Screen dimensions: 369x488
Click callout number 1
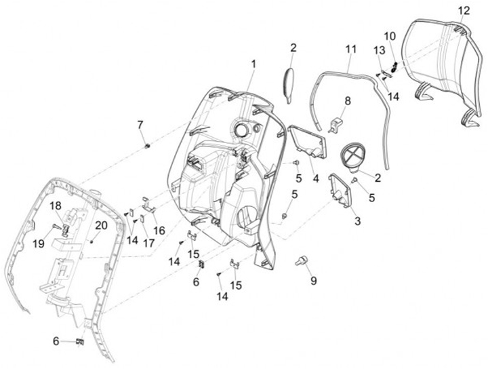point(253,64)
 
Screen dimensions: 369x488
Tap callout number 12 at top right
point(464,10)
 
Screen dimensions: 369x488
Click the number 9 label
point(313,280)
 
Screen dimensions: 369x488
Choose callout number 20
point(100,225)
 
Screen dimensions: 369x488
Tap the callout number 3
point(357,221)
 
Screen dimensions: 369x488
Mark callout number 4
point(315,178)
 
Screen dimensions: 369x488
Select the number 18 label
point(56,206)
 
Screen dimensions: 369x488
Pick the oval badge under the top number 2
point(288,83)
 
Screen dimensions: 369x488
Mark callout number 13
point(378,51)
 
